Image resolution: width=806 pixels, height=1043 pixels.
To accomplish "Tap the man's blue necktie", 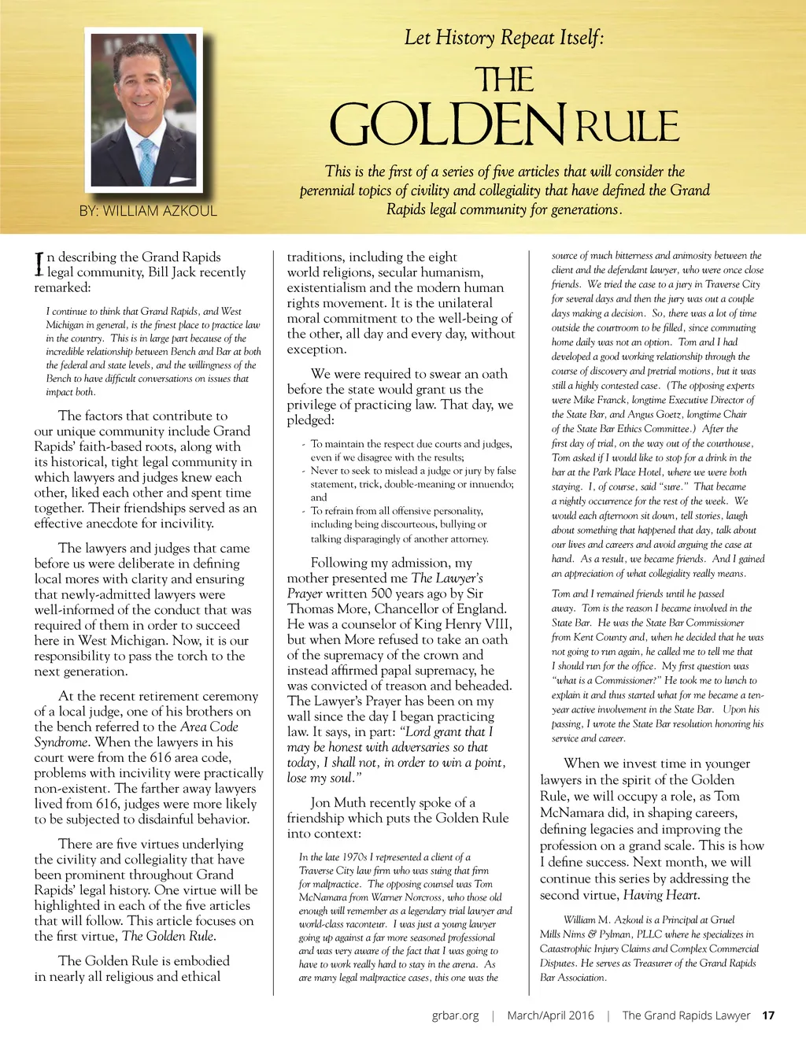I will [x=146, y=161].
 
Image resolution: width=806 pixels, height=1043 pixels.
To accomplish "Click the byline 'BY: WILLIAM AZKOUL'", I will [x=148, y=211].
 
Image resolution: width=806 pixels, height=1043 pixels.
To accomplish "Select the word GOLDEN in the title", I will [x=446, y=125].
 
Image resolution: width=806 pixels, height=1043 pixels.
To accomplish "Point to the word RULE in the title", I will [x=627, y=127].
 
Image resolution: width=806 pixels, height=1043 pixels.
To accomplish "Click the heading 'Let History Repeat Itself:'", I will [x=504, y=37].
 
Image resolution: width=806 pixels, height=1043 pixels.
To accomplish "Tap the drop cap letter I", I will [x=39, y=264].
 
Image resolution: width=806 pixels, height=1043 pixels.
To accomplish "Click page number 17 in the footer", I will [x=768, y=1015].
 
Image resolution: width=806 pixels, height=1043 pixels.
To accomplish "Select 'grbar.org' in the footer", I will [x=455, y=1015].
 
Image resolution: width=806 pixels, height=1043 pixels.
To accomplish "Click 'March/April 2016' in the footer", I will [x=550, y=1015].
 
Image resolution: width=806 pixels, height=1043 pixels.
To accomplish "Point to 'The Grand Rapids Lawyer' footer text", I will [x=686, y=1015].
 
